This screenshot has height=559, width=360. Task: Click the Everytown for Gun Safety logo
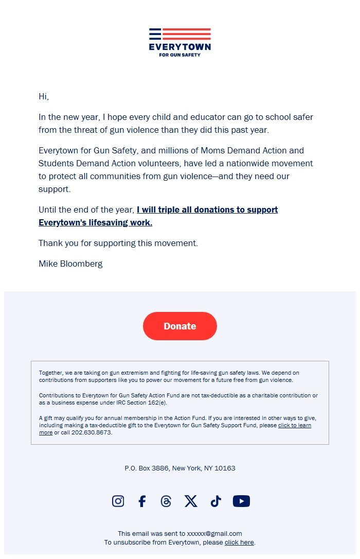[x=179, y=42]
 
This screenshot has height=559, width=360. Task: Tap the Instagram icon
[x=118, y=501]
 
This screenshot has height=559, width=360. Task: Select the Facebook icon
[x=142, y=501]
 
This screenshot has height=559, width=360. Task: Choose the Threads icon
[x=166, y=501]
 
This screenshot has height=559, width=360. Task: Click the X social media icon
[x=191, y=501]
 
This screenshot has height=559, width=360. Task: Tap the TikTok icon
[x=215, y=501]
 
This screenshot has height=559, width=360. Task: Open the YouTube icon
[x=241, y=501]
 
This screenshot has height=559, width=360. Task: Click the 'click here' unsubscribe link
[x=239, y=542]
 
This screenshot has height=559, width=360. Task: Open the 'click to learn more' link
[x=294, y=426]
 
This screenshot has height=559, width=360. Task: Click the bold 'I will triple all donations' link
[x=207, y=210]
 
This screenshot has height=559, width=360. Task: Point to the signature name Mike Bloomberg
[x=70, y=264]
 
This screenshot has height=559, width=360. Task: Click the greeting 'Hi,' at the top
[x=44, y=96]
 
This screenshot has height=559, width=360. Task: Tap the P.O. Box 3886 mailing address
[x=179, y=468]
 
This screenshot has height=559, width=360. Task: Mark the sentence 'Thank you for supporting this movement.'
[x=118, y=243]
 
